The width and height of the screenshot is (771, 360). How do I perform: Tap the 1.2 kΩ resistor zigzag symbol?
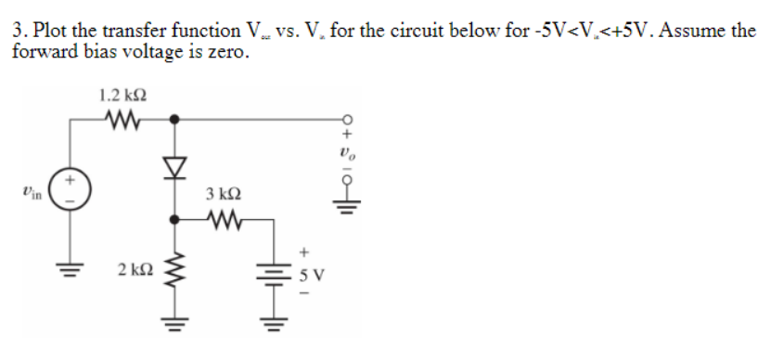pyautogui.click(x=122, y=118)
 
